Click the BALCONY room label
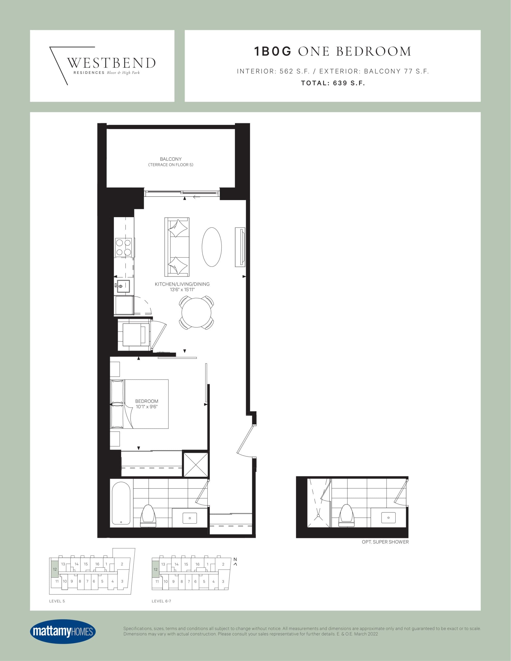[170, 159]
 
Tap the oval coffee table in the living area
[212, 247]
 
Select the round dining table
[196, 313]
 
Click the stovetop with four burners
[123, 247]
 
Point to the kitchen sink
[123, 286]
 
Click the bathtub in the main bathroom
[121, 503]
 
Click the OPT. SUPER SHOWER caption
[385, 542]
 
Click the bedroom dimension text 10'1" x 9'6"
[146, 406]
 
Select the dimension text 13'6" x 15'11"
[182, 290]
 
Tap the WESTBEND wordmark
[111, 63]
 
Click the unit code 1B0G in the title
[272, 51]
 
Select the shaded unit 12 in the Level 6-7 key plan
[155, 569]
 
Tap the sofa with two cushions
[177, 247]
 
